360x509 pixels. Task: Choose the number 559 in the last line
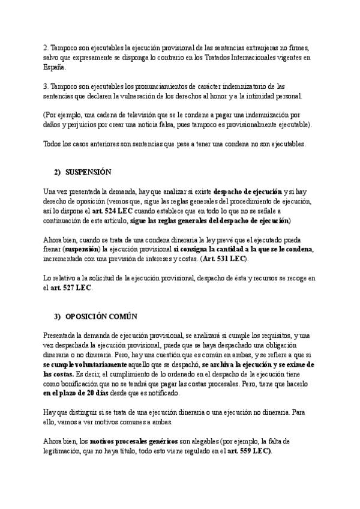tap(246, 451)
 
